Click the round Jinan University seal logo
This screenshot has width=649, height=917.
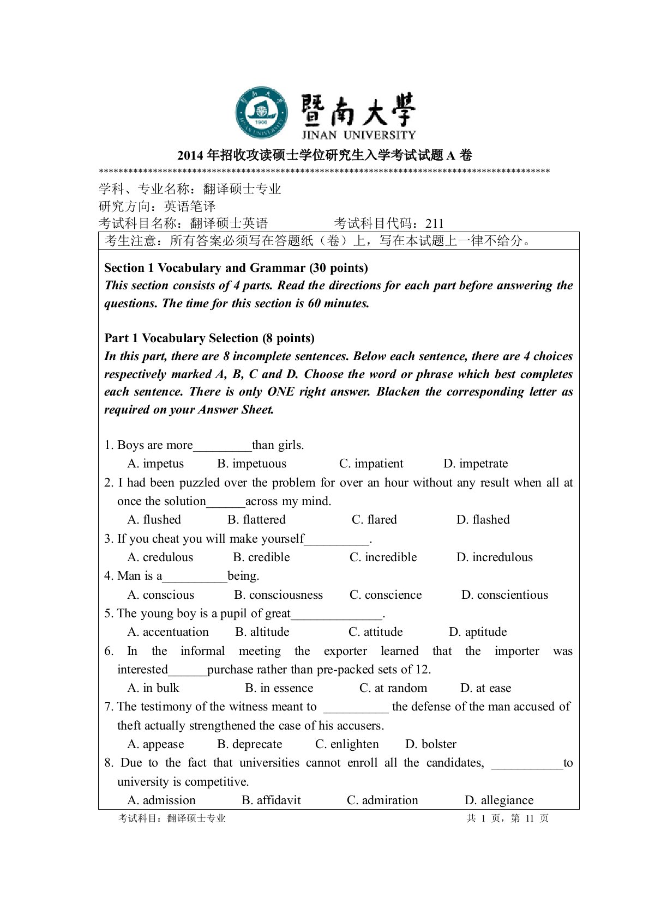point(262,113)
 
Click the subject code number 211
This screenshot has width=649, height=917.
point(435,223)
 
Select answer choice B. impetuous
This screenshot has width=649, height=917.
point(251,464)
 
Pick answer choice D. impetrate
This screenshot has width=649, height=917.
point(476,464)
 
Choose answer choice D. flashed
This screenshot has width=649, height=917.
point(483,520)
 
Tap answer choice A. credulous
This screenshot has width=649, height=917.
point(160,557)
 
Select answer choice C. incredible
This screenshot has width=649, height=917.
point(383,557)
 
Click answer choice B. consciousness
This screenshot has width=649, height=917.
point(278,595)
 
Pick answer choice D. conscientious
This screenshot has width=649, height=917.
point(504,595)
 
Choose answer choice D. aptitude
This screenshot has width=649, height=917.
point(478,632)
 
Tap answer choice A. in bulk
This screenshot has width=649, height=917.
point(153,688)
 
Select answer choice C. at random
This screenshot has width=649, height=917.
point(393,688)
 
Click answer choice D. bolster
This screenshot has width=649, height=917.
point(431,744)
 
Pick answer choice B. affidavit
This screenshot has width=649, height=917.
point(271,800)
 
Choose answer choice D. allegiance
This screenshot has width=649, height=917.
point(499,800)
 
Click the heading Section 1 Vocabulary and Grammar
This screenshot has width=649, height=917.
point(236,268)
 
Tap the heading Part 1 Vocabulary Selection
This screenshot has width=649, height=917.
point(209,338)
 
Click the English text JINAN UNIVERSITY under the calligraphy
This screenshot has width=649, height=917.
point(358,135)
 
